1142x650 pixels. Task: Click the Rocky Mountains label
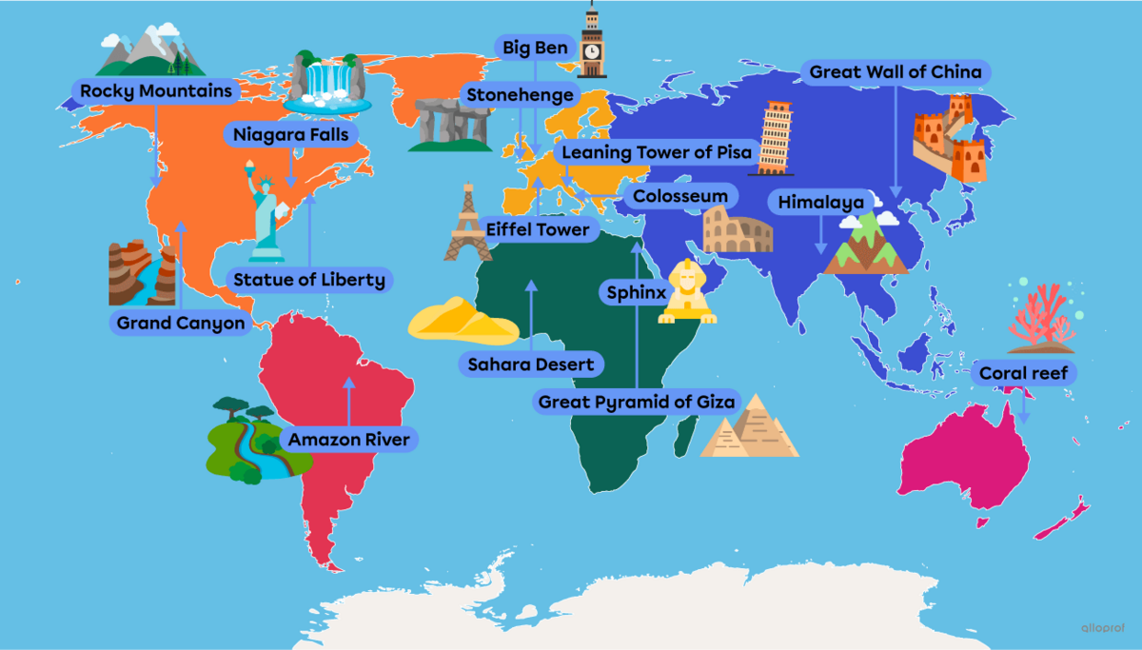(x=156, y=91)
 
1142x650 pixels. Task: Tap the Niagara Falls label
(x=291, y=135)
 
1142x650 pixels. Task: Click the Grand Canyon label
(x=181, y=324)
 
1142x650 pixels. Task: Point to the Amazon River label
(x=348, y=440)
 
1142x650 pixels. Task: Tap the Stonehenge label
(x=520, y=95)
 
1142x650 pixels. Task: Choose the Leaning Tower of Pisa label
(x=657, y=152)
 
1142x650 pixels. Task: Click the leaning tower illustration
(x=775, y=138)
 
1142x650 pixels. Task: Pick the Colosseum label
(x=679, y=197)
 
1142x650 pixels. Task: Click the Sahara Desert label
(x=530, y=364)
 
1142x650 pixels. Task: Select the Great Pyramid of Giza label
(x=637, y=403)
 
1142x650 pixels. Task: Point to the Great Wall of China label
(x=896, y=72)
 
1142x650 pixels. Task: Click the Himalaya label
(x=820, y=203)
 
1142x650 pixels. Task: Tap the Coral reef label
(x=1023, y=373)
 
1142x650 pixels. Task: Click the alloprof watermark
(x=1105, y=628)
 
